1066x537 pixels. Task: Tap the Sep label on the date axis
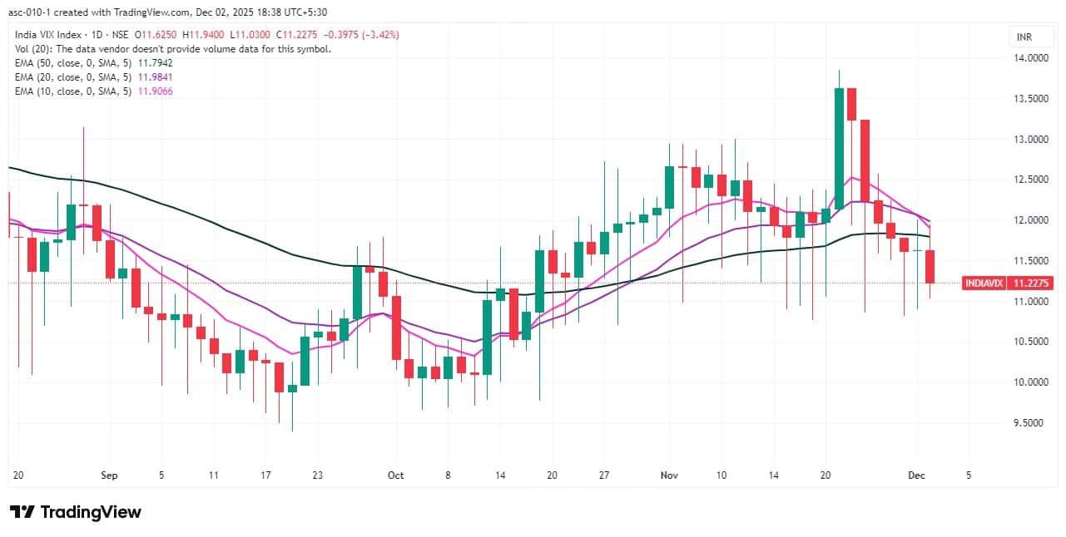tap(110, 475)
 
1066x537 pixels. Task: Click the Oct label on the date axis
tap(395, 475)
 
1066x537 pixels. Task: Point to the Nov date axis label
tap(669, 475)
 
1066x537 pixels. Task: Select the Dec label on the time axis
tap(916, 475)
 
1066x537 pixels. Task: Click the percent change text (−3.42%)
tap(379, 35)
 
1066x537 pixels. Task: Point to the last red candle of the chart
tap(930, 266)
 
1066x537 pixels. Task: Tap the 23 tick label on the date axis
tap(317, 475)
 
